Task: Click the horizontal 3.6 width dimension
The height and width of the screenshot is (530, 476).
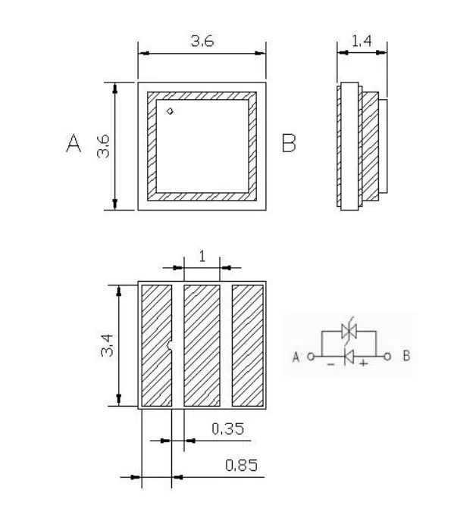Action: point(202,42)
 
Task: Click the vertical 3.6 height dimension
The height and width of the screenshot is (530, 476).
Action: point(104,145)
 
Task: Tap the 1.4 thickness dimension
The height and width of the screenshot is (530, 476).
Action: point(362,42)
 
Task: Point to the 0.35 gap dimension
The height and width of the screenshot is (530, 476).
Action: point(227,429)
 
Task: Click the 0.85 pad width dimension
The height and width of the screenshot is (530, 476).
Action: point(241,465)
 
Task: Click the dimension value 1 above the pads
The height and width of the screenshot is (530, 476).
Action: point(202,256)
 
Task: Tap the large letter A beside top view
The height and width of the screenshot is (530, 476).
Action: point(74,144)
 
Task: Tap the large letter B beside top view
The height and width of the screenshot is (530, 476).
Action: point(289,143)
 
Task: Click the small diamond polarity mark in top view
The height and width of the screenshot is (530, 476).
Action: point(171,112)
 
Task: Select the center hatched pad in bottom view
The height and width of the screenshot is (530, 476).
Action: point(202,345)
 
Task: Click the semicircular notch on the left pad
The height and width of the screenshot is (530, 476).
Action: point(171,347)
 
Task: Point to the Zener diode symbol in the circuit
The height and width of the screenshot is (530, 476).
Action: point(349,330)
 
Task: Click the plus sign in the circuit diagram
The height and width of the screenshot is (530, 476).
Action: point(364,365)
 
